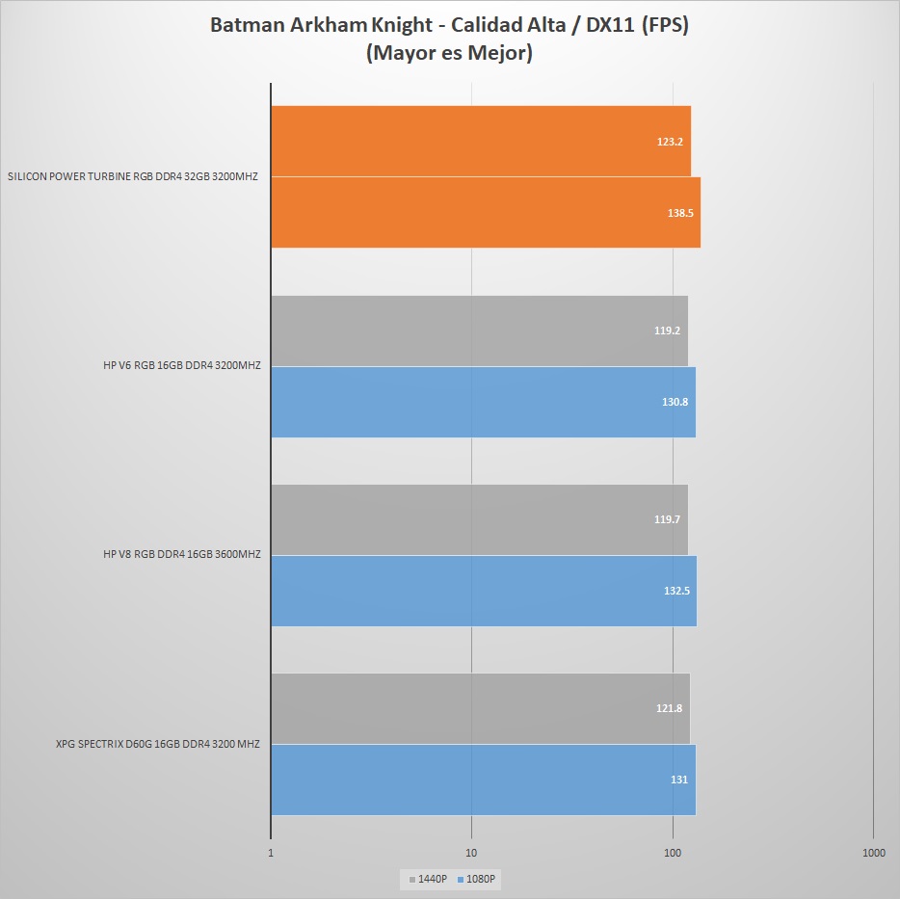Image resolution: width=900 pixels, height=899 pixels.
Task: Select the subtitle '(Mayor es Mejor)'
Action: tap(449, 54)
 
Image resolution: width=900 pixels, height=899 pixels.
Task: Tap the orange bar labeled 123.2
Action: tap(480, 142)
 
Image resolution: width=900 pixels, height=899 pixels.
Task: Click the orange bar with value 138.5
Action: tap(485, 212)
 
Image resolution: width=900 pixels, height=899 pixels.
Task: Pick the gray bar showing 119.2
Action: tap(479, 331)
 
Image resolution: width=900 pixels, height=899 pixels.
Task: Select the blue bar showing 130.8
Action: tap(483, 402)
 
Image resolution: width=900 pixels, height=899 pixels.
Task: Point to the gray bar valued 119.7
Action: tap(479, 519)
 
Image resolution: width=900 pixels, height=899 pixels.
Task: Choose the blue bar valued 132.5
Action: tap(483, 591)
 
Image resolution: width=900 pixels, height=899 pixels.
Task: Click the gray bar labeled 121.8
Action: tap(480, 708)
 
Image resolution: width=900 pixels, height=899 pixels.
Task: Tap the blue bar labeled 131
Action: tap(483, 780)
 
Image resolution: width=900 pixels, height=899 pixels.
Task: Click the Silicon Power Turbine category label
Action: tap(133, 177)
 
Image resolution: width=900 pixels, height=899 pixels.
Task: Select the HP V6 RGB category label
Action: tap(181, 366)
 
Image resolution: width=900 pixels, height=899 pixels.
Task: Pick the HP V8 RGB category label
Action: tap(181, 555)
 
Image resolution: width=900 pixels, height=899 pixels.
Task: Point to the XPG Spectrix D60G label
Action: tap(157, 744)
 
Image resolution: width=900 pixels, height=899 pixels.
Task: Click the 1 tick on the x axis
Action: tap(271, 853)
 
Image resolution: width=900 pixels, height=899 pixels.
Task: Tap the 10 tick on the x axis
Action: tap(471, 853)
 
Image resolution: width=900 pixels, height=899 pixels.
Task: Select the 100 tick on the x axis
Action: tap(673, 853)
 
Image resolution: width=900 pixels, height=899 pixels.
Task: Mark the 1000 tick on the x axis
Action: tap(873, 853)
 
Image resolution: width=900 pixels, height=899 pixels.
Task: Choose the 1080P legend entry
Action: tap(481, 879)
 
